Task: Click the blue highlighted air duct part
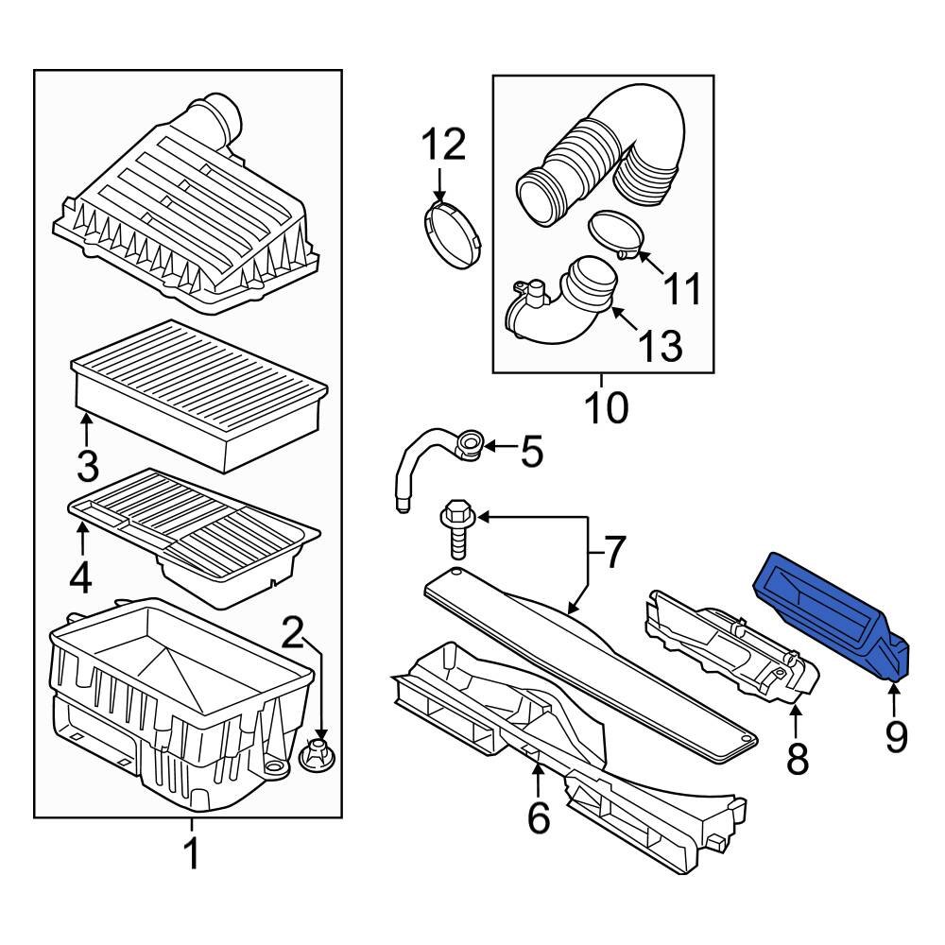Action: (x=832, y=618)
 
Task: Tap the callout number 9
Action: (x=896, y=737)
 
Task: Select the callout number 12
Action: (x=443, y=145)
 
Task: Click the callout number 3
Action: (x=88, y=467)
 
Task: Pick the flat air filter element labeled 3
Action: (x=198, y=395)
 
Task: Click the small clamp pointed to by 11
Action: (x=616, y=235)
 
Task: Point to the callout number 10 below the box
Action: (x=607, y=407)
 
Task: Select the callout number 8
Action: (x=797, y=758)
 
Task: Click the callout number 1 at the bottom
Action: (x=192, y=854)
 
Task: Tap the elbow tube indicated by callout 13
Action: (x=558, y=304)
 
